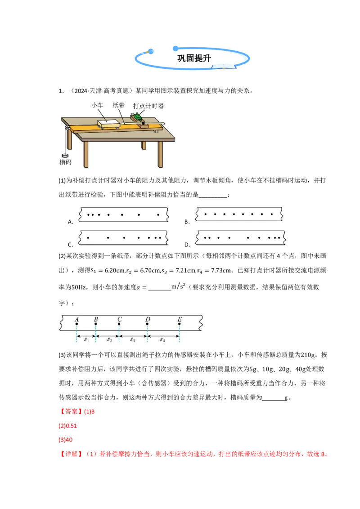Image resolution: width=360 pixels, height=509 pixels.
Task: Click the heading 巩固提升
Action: click(194, 58)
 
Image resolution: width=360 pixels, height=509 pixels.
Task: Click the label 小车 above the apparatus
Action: click(97, 105)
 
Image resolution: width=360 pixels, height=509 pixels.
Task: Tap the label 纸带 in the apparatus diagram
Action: click(119, 105)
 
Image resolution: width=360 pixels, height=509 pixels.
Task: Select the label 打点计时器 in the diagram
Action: click(148, 106)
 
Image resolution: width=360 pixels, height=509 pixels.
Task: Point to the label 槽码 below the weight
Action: click(65, 162)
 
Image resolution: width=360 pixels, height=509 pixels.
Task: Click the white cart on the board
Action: click(108, 124)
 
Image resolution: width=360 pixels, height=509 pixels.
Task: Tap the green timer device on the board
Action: click(137, 116)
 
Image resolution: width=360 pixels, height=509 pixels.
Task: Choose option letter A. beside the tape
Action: click(71, 222)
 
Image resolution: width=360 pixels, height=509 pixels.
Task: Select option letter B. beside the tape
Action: click(187, 222)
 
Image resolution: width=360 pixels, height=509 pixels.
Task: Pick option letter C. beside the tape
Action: click(71, 245)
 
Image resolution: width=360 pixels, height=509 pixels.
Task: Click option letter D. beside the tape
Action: click(188, 245)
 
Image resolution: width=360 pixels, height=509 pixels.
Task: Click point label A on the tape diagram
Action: click(76, 319)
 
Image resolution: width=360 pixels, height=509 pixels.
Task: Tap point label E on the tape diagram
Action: click(180, 319)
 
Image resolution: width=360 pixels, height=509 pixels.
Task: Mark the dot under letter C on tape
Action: click(119, 324)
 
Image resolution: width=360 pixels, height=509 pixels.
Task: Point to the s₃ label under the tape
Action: click(133, 339)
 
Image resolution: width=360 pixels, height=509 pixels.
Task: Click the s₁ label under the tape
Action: click(86, 339)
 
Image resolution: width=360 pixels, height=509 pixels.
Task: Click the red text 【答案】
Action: click(71, 411)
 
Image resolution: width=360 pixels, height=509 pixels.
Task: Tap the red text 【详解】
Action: click(71, 454)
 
